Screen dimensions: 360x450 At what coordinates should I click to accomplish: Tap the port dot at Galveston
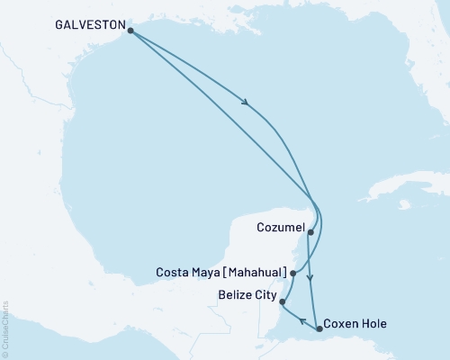pyautogui.click(x=131, y=31)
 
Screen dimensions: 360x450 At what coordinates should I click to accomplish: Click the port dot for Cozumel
pyautogui.click(x=310, y=232)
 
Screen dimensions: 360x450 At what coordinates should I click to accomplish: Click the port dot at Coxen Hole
pyautogui.click(x=320, y=329)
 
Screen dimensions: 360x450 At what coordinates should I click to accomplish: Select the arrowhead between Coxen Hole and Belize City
pyautogui.click(x=301, y=319)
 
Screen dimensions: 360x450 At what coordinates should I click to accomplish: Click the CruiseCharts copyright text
pyautogui.click(x=6, y=328)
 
